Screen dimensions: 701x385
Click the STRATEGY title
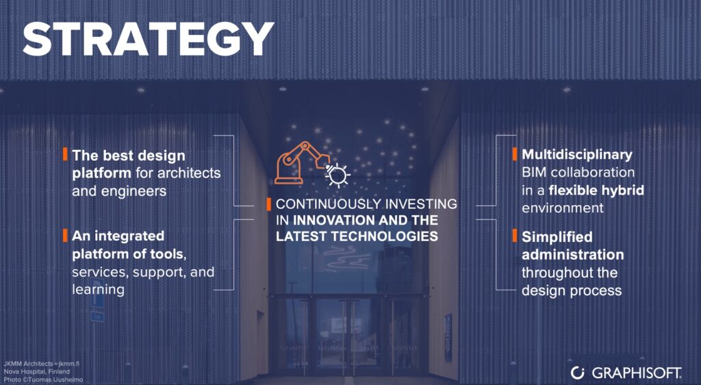click(x=148, y=39)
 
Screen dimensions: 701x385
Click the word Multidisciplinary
click(x=576, y=155)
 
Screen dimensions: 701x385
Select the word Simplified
click(x=557, y=237)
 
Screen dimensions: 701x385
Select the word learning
click(x=99, y=289)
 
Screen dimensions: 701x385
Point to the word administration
click(x=573, y=254)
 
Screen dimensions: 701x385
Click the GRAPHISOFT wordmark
click(x=637, y=373)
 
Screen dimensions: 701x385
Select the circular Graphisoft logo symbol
click(x=578, y=373)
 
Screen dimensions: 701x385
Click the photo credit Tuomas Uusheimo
click(x=43, y=380)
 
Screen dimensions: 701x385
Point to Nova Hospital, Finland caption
click(x=37, y=371)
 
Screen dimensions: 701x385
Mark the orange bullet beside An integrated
click(x=65, y=235)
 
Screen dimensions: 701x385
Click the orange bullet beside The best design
click(x=65, y=154)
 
